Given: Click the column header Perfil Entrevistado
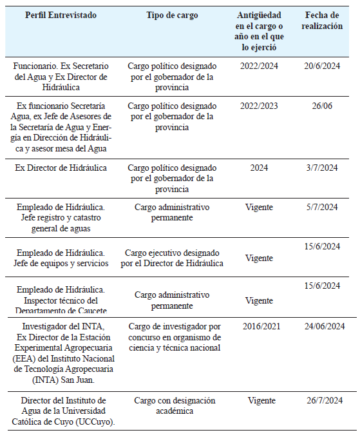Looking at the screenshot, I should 62,15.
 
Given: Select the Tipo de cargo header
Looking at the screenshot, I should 172,15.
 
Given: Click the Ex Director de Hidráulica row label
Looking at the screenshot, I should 61,168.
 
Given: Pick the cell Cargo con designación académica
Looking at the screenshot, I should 172,406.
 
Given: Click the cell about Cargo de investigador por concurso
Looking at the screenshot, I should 172,337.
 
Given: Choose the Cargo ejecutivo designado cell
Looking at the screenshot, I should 172,258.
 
